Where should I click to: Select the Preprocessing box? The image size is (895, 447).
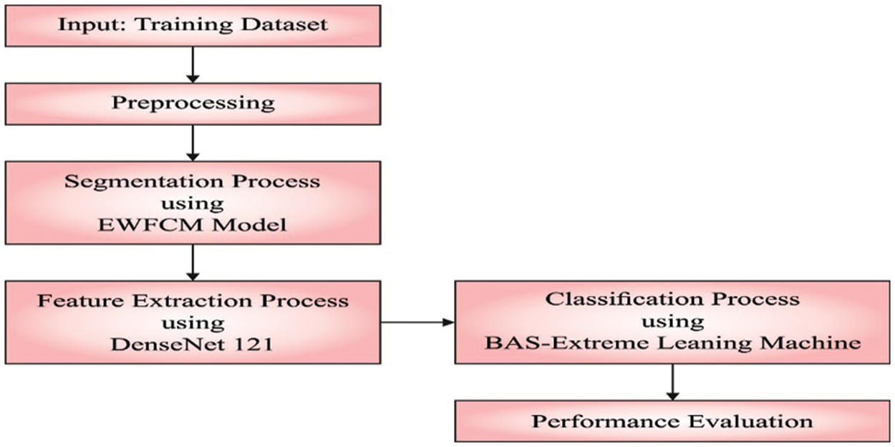(192, 103)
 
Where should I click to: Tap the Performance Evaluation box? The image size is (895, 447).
(672, 420)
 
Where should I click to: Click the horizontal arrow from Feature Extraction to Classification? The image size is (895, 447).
(417, 322)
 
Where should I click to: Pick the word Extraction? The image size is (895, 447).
(197, 299)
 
